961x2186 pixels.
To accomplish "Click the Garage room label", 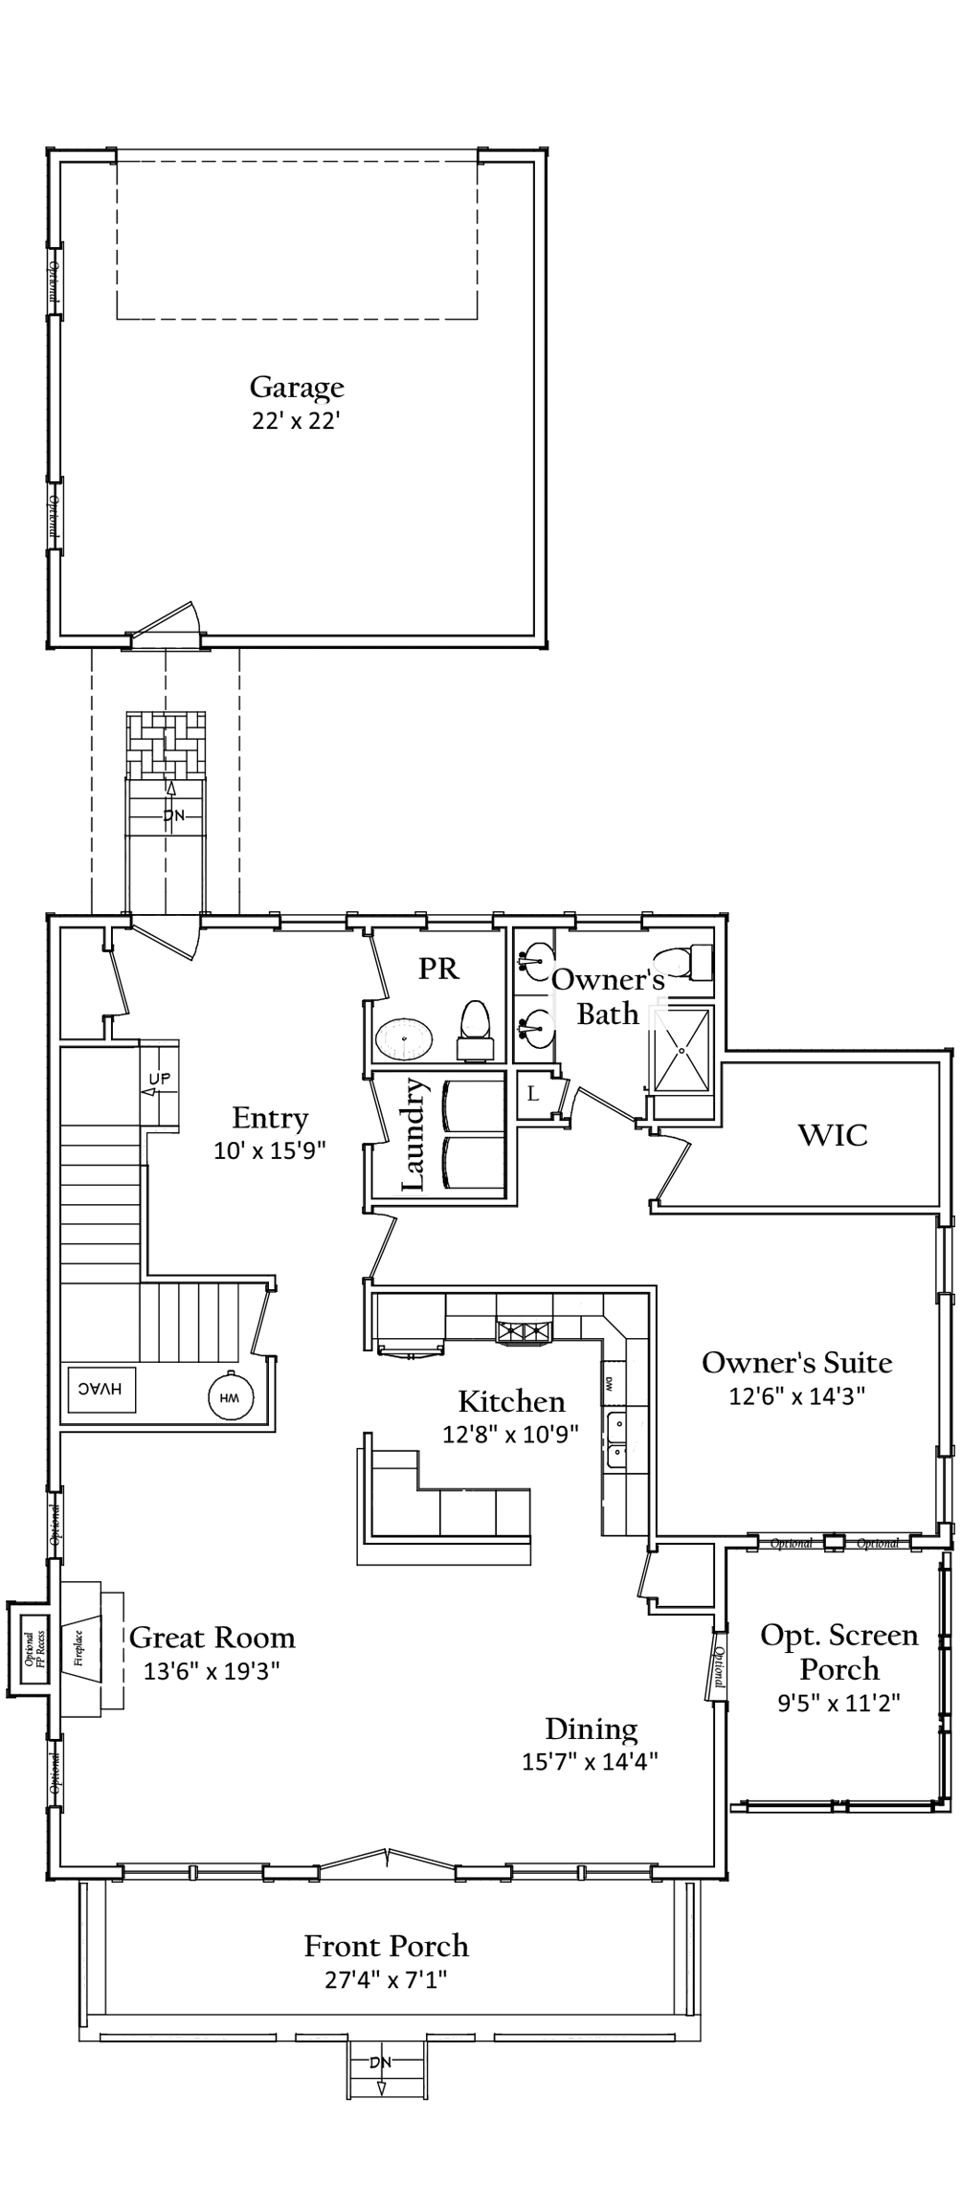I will [x=297, y=388].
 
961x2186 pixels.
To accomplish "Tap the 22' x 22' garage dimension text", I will [x=297, y=421].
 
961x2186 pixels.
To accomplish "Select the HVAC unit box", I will [x=102, y=1389].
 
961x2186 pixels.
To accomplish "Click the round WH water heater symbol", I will [x=229, y=1397].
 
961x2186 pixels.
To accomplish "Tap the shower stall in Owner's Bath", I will [x=683, y=1049].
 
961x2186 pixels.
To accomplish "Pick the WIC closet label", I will [x=833, y=1136].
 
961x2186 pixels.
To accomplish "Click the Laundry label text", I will [x=413, y=1134].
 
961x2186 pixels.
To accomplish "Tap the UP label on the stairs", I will [x=159, y=1080].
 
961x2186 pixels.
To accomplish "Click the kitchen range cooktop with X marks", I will [x=523, y=1331].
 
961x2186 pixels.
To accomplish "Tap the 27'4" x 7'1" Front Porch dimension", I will [x=387, y=1979].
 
